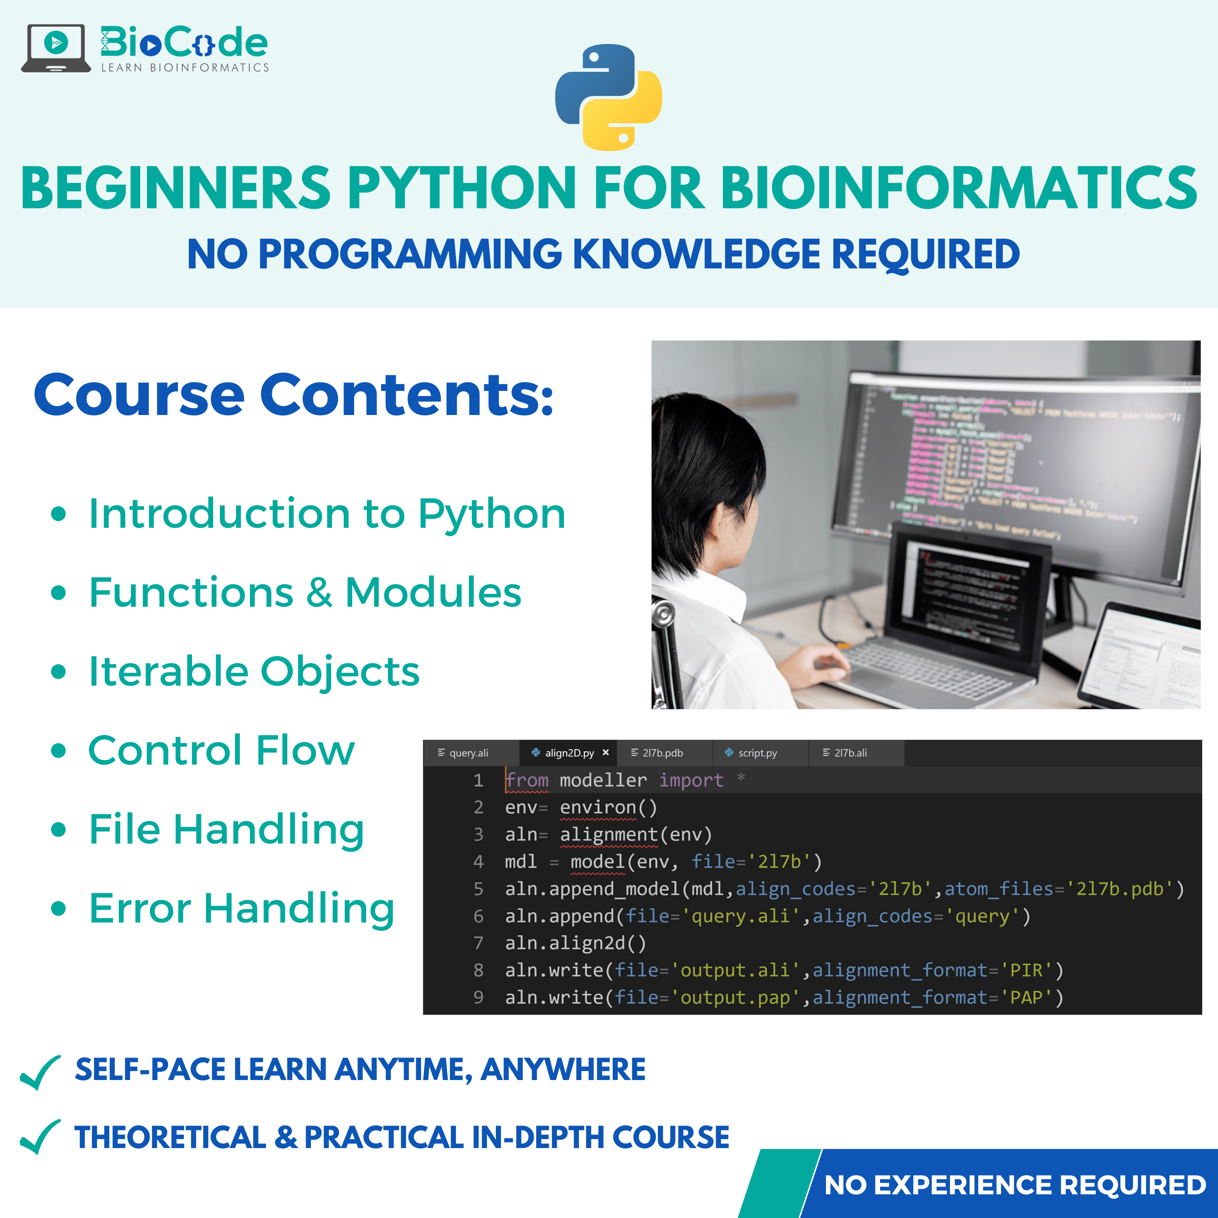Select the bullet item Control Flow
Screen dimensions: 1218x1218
(x=221, y=750)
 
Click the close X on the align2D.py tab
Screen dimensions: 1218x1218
(x=605, y=752)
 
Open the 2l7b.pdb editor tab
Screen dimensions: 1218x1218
(x=662, y=753)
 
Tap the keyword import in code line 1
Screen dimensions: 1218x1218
(x=691, y=780)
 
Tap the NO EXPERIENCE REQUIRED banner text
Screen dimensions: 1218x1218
(x=1015, y=1185)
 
